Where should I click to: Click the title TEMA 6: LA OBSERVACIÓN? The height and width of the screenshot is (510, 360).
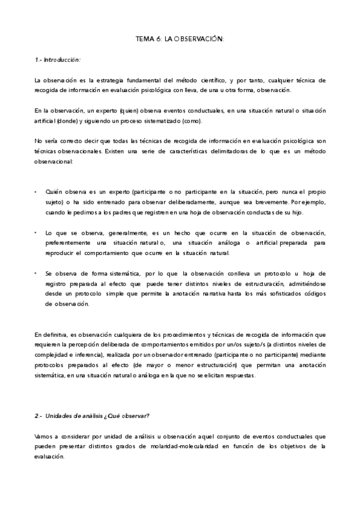click(x=180, y=39)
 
